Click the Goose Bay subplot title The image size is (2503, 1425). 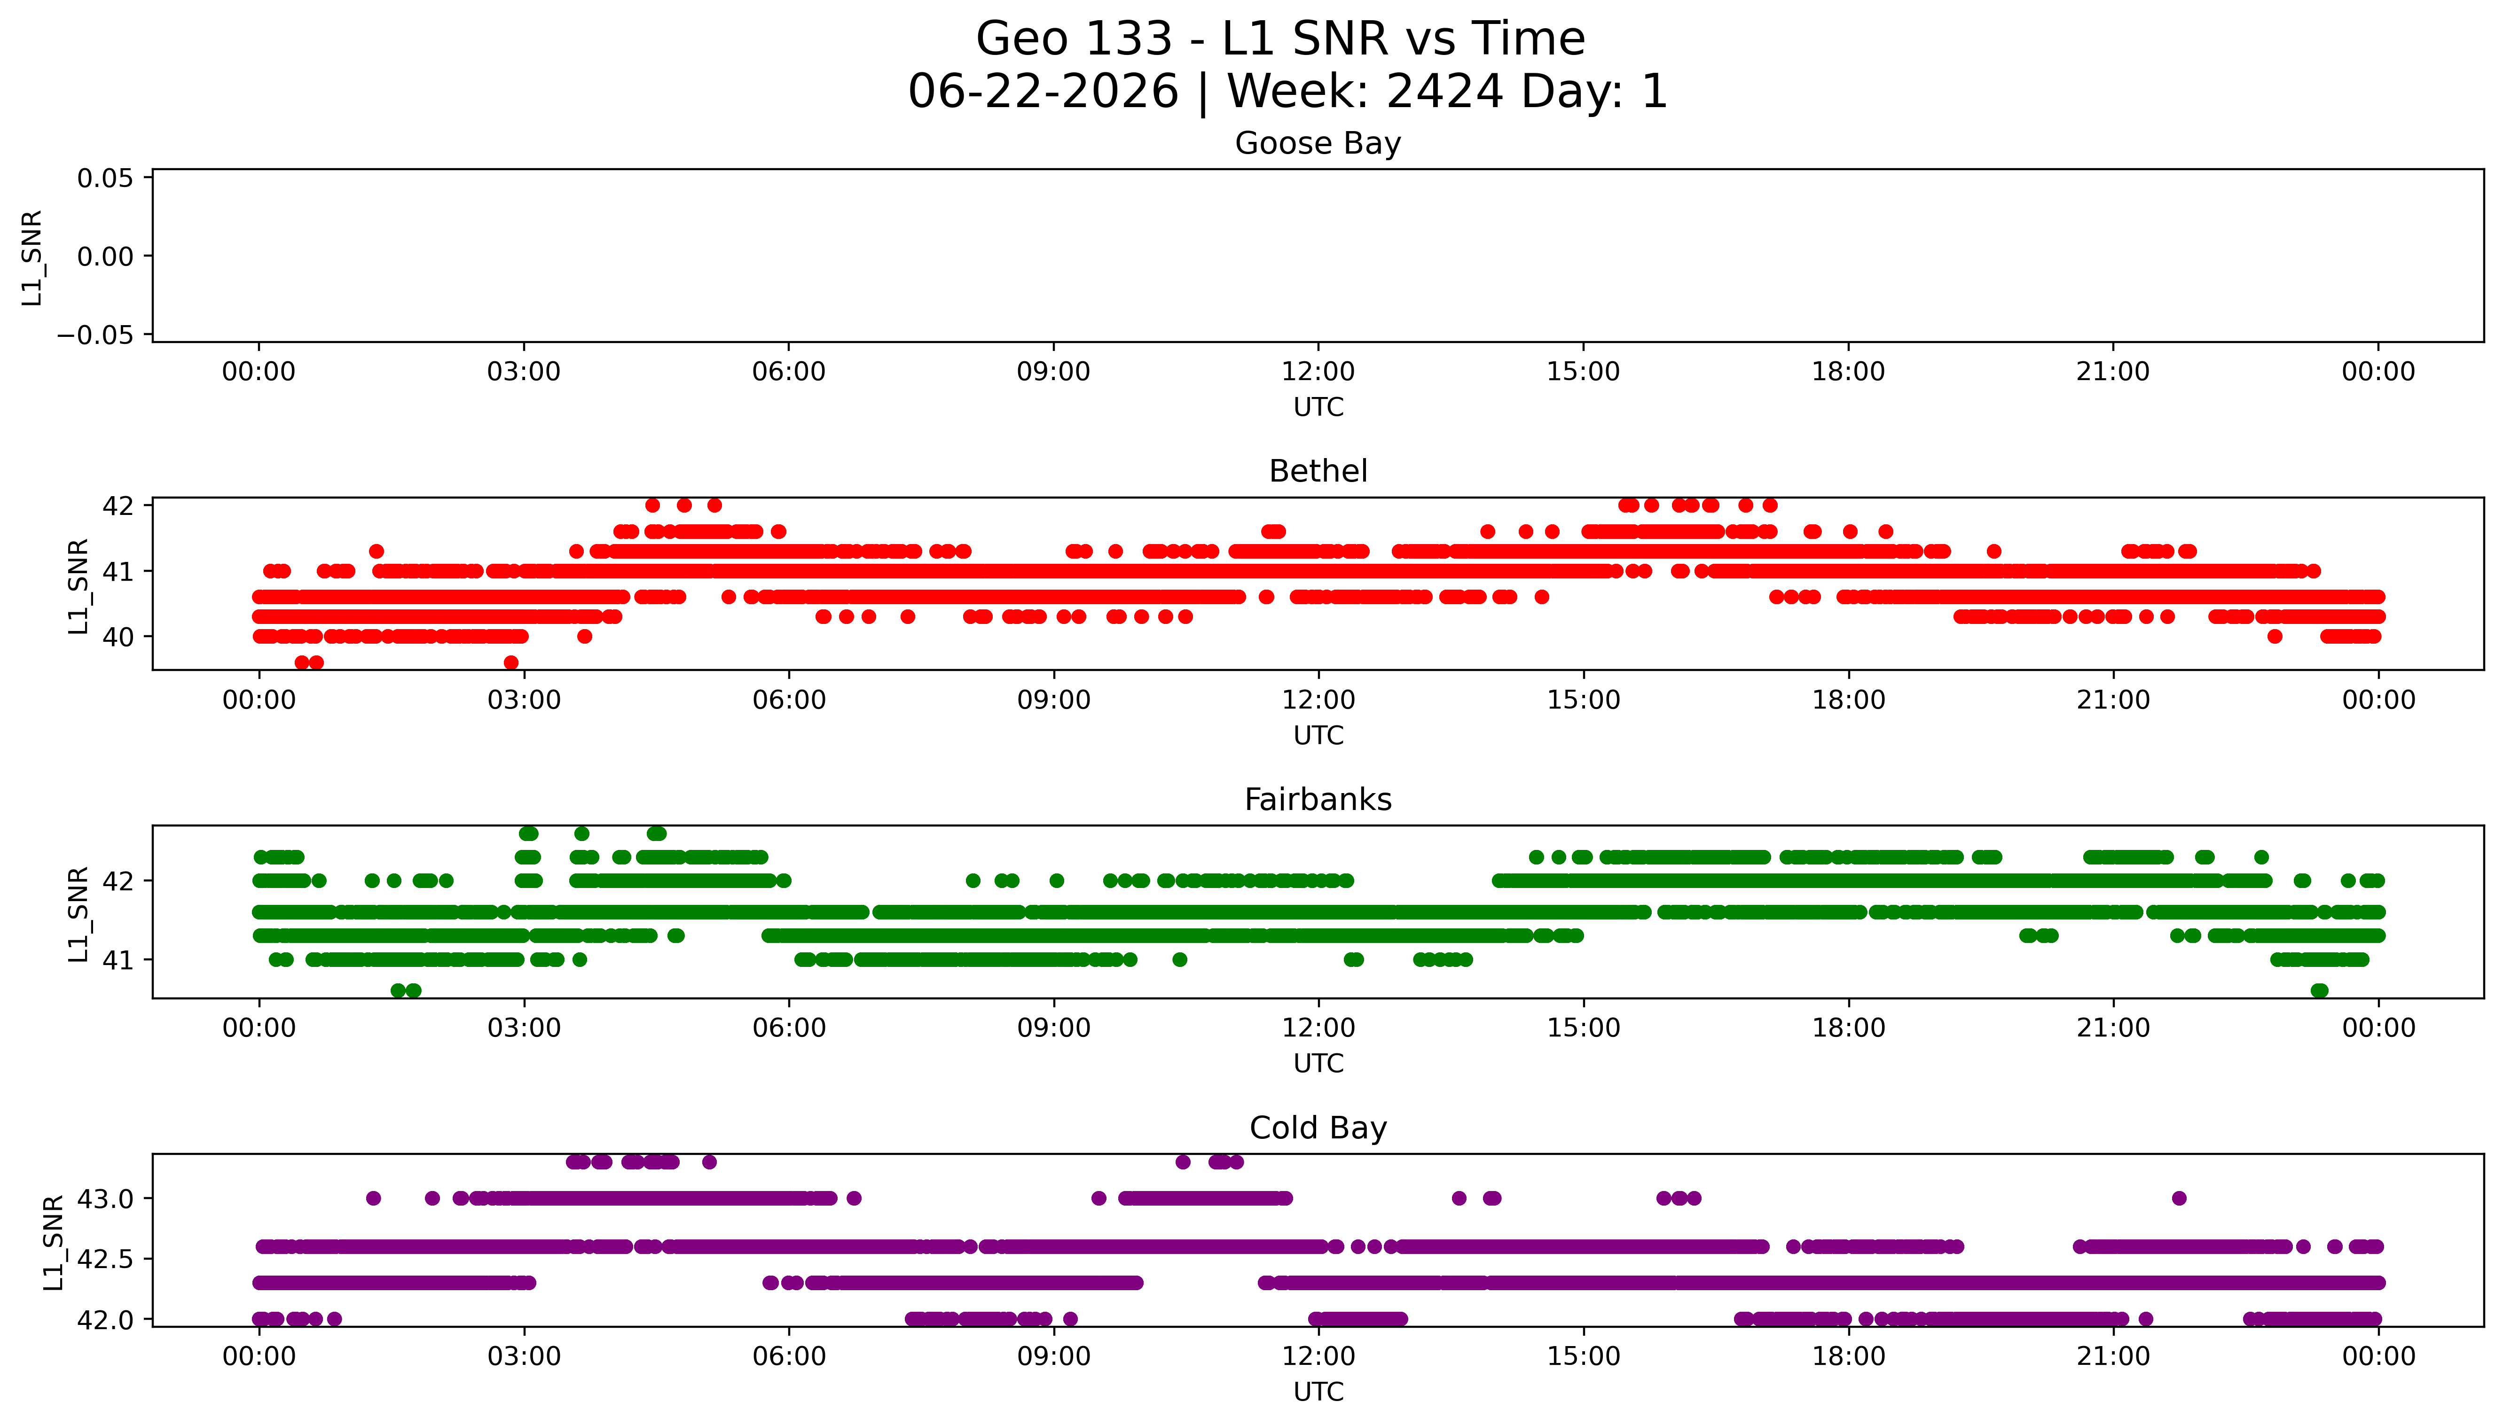coord(1318,144)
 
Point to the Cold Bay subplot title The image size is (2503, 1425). coord(1318,1129)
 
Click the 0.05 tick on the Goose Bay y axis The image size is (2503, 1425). coord(106,178)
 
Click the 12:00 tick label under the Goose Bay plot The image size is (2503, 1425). coord(1318,372)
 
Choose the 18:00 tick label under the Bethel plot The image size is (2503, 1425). coord(1848,701)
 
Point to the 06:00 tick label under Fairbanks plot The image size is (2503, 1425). coord(789,1028)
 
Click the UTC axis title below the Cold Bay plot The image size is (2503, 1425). coord(1318,1392)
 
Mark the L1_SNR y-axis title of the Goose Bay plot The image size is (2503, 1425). coord(32,257)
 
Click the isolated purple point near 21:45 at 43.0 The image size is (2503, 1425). coord(2179,1198)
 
